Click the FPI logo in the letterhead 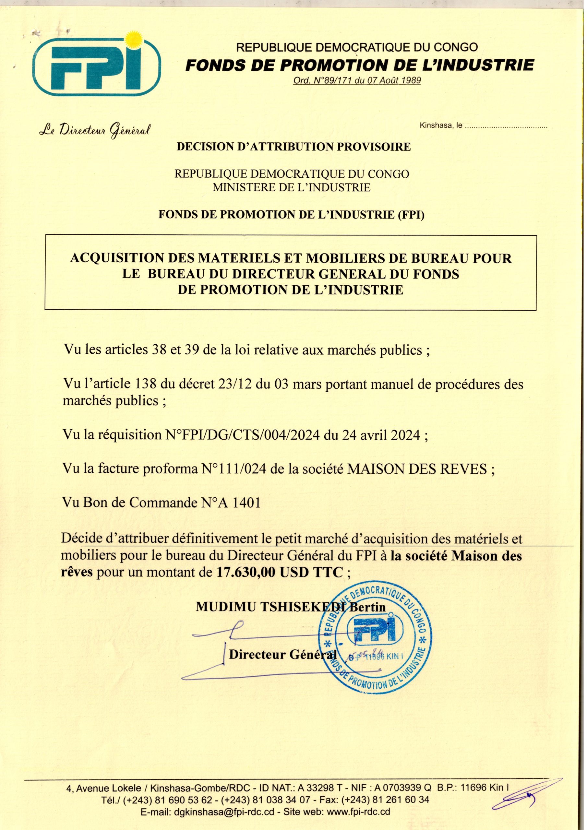point(96,64)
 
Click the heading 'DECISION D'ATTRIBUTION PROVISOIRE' point(293,147)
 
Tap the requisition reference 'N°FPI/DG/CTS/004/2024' point(242,434)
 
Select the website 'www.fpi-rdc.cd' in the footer point(358,819)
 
